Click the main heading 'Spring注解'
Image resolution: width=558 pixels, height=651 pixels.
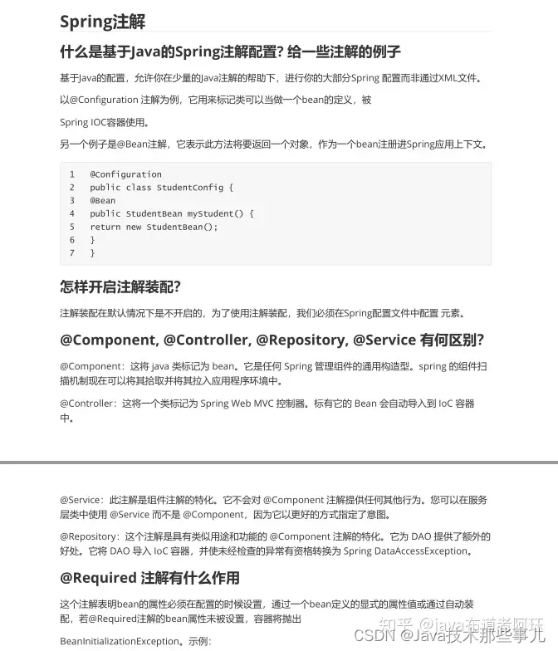102,21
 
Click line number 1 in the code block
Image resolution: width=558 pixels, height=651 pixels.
72,174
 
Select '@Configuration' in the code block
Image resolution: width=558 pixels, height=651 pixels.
125,174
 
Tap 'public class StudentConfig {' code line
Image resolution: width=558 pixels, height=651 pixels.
162,188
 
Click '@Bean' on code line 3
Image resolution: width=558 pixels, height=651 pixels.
103,201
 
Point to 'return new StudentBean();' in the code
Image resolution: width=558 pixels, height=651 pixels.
154,227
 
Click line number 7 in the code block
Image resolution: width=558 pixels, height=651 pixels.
72,253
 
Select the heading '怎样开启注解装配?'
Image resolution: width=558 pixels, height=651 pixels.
120,286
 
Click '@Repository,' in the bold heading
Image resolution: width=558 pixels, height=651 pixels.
301,340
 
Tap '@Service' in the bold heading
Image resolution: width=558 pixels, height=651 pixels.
384,340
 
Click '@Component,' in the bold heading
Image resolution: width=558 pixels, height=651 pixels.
108,340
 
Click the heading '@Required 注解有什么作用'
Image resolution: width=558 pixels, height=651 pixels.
149,577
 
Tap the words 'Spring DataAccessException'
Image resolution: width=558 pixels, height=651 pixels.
408,551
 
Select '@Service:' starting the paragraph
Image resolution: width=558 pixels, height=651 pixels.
81,500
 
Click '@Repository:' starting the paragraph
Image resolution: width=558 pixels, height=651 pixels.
89,536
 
